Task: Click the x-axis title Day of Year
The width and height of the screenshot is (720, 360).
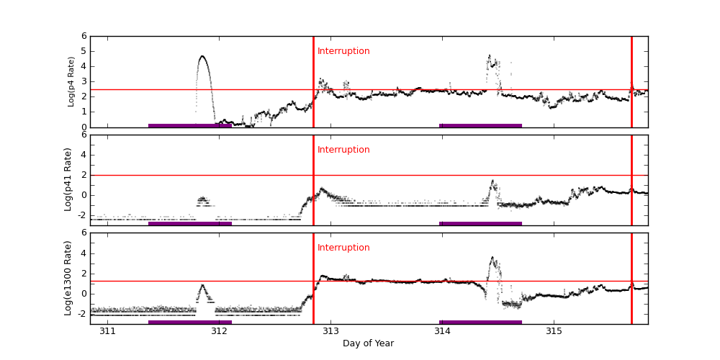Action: pyautogui.click(x=368, y=343)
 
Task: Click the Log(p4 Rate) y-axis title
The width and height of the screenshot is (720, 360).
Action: pyautogui.click(x=71, y=81)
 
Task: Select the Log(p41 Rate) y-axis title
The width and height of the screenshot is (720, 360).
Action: pyautogui.click(x=68, y=179)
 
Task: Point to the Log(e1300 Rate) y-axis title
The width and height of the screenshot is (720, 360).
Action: pyautogui.click(x=68, y=278)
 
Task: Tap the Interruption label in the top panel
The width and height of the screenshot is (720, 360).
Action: pyautogui.click(x=343, y=51)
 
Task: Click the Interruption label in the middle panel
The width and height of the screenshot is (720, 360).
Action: pyautogui.click(x=343, y=150)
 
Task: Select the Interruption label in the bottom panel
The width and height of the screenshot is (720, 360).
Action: pyautogui.click(x=343, y=248)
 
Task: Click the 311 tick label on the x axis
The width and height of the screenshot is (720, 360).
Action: pyautogui.click(x=108, y=331)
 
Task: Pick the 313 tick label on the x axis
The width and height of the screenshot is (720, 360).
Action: pyautogui.click(x=330, y=331)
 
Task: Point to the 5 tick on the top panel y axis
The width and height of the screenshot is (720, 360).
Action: pyautogui.click(x=84, y=51)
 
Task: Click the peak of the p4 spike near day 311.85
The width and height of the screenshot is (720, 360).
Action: pyautogui.click(x=202, y=56)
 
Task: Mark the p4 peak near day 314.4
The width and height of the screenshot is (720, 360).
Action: pyautogui.click(x=490, y=55)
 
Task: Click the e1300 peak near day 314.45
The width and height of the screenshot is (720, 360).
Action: pyautogui.click(x=492, y=257)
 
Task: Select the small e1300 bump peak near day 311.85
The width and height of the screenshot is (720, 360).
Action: pyautogui.click(x=202, y=285)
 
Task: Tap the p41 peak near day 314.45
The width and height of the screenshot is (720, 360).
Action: pyautogui.click(x=492, y=181)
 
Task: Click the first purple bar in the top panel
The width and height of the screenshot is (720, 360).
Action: pyautogui.click(x=190, y=125)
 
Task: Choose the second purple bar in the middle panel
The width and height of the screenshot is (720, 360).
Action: pyautogui.click(x=480, y=223)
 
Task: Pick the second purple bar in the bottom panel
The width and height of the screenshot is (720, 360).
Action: pyautogui.click(x=480, y=322)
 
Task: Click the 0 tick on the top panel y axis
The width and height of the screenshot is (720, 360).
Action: pyautogui.click(x=84, y=127)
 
